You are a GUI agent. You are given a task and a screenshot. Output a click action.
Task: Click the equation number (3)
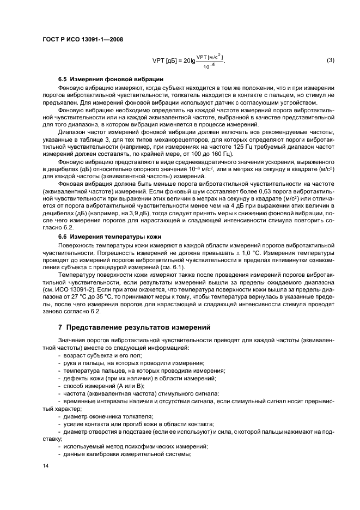click(x=330, y=60)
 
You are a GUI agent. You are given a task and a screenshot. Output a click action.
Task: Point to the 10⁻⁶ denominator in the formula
click(x=206, y=65)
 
